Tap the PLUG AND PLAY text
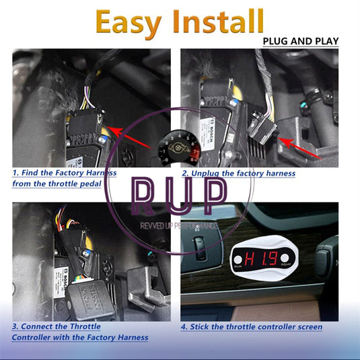click(300, 42)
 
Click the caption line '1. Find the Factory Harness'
click(64, 173)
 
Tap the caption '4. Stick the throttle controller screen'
click(251, 327)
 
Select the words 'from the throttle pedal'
click(57, 184)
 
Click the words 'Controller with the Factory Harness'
click(79, 337)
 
